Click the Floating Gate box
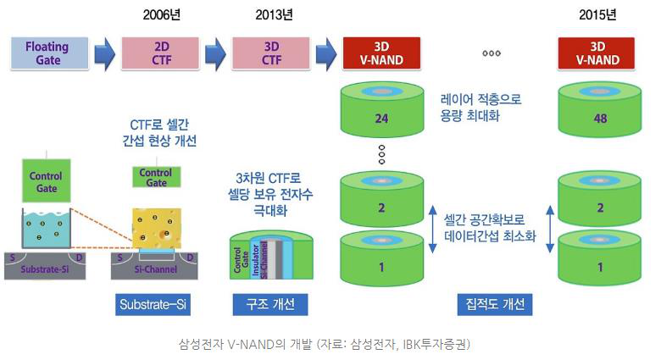[47, 53]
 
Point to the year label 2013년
[274, 14]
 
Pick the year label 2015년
[598, 14]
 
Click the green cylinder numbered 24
[380, 117]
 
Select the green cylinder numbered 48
[600, 117]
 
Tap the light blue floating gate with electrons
[46, 227]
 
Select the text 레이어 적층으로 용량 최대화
[480, 108]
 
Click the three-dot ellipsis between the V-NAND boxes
[492, 53]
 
